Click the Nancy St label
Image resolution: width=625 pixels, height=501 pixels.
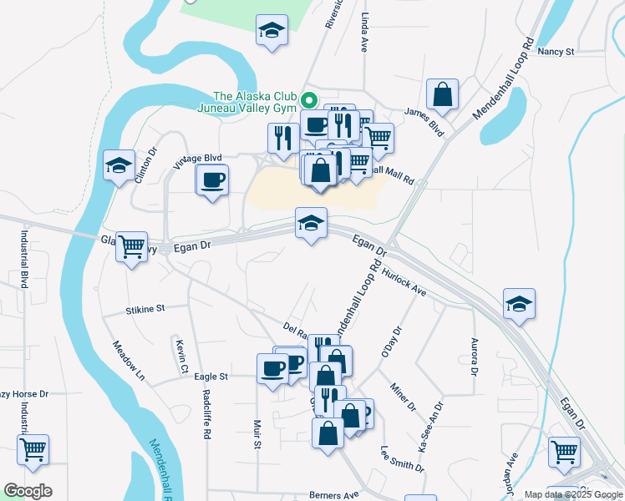[556, 52]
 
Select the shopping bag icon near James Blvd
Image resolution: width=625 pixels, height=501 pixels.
[442, 95]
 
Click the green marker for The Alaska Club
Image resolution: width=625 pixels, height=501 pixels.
[308, 100]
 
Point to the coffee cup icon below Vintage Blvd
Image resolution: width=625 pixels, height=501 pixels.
[212, 180]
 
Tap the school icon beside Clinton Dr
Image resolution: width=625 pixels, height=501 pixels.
[119, 165]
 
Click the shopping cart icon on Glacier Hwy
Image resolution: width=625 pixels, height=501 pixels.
[132, 247]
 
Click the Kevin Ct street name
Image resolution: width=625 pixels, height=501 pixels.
[180, 356]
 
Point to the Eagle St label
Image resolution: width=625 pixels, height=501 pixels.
[211, 377]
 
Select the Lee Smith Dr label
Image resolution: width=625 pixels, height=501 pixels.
[402, 458]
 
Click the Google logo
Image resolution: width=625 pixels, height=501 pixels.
[28, 491]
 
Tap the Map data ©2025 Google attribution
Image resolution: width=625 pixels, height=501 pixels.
[573, 494]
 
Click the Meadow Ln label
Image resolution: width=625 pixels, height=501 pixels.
[129, 361]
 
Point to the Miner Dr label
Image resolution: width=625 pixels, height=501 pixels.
[403, 396]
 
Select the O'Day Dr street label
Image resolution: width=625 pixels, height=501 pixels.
[392, 342]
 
